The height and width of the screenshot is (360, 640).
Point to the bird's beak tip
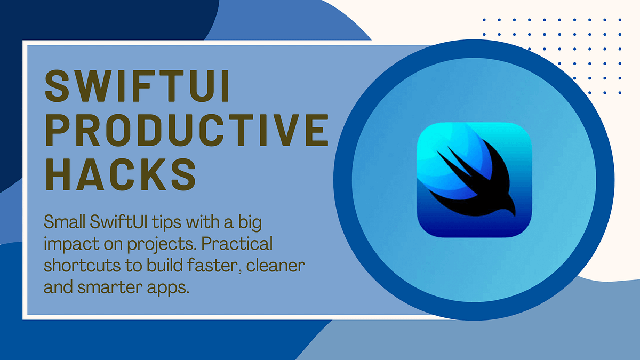point(516,214)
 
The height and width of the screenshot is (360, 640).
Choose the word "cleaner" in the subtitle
point(281,266)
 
